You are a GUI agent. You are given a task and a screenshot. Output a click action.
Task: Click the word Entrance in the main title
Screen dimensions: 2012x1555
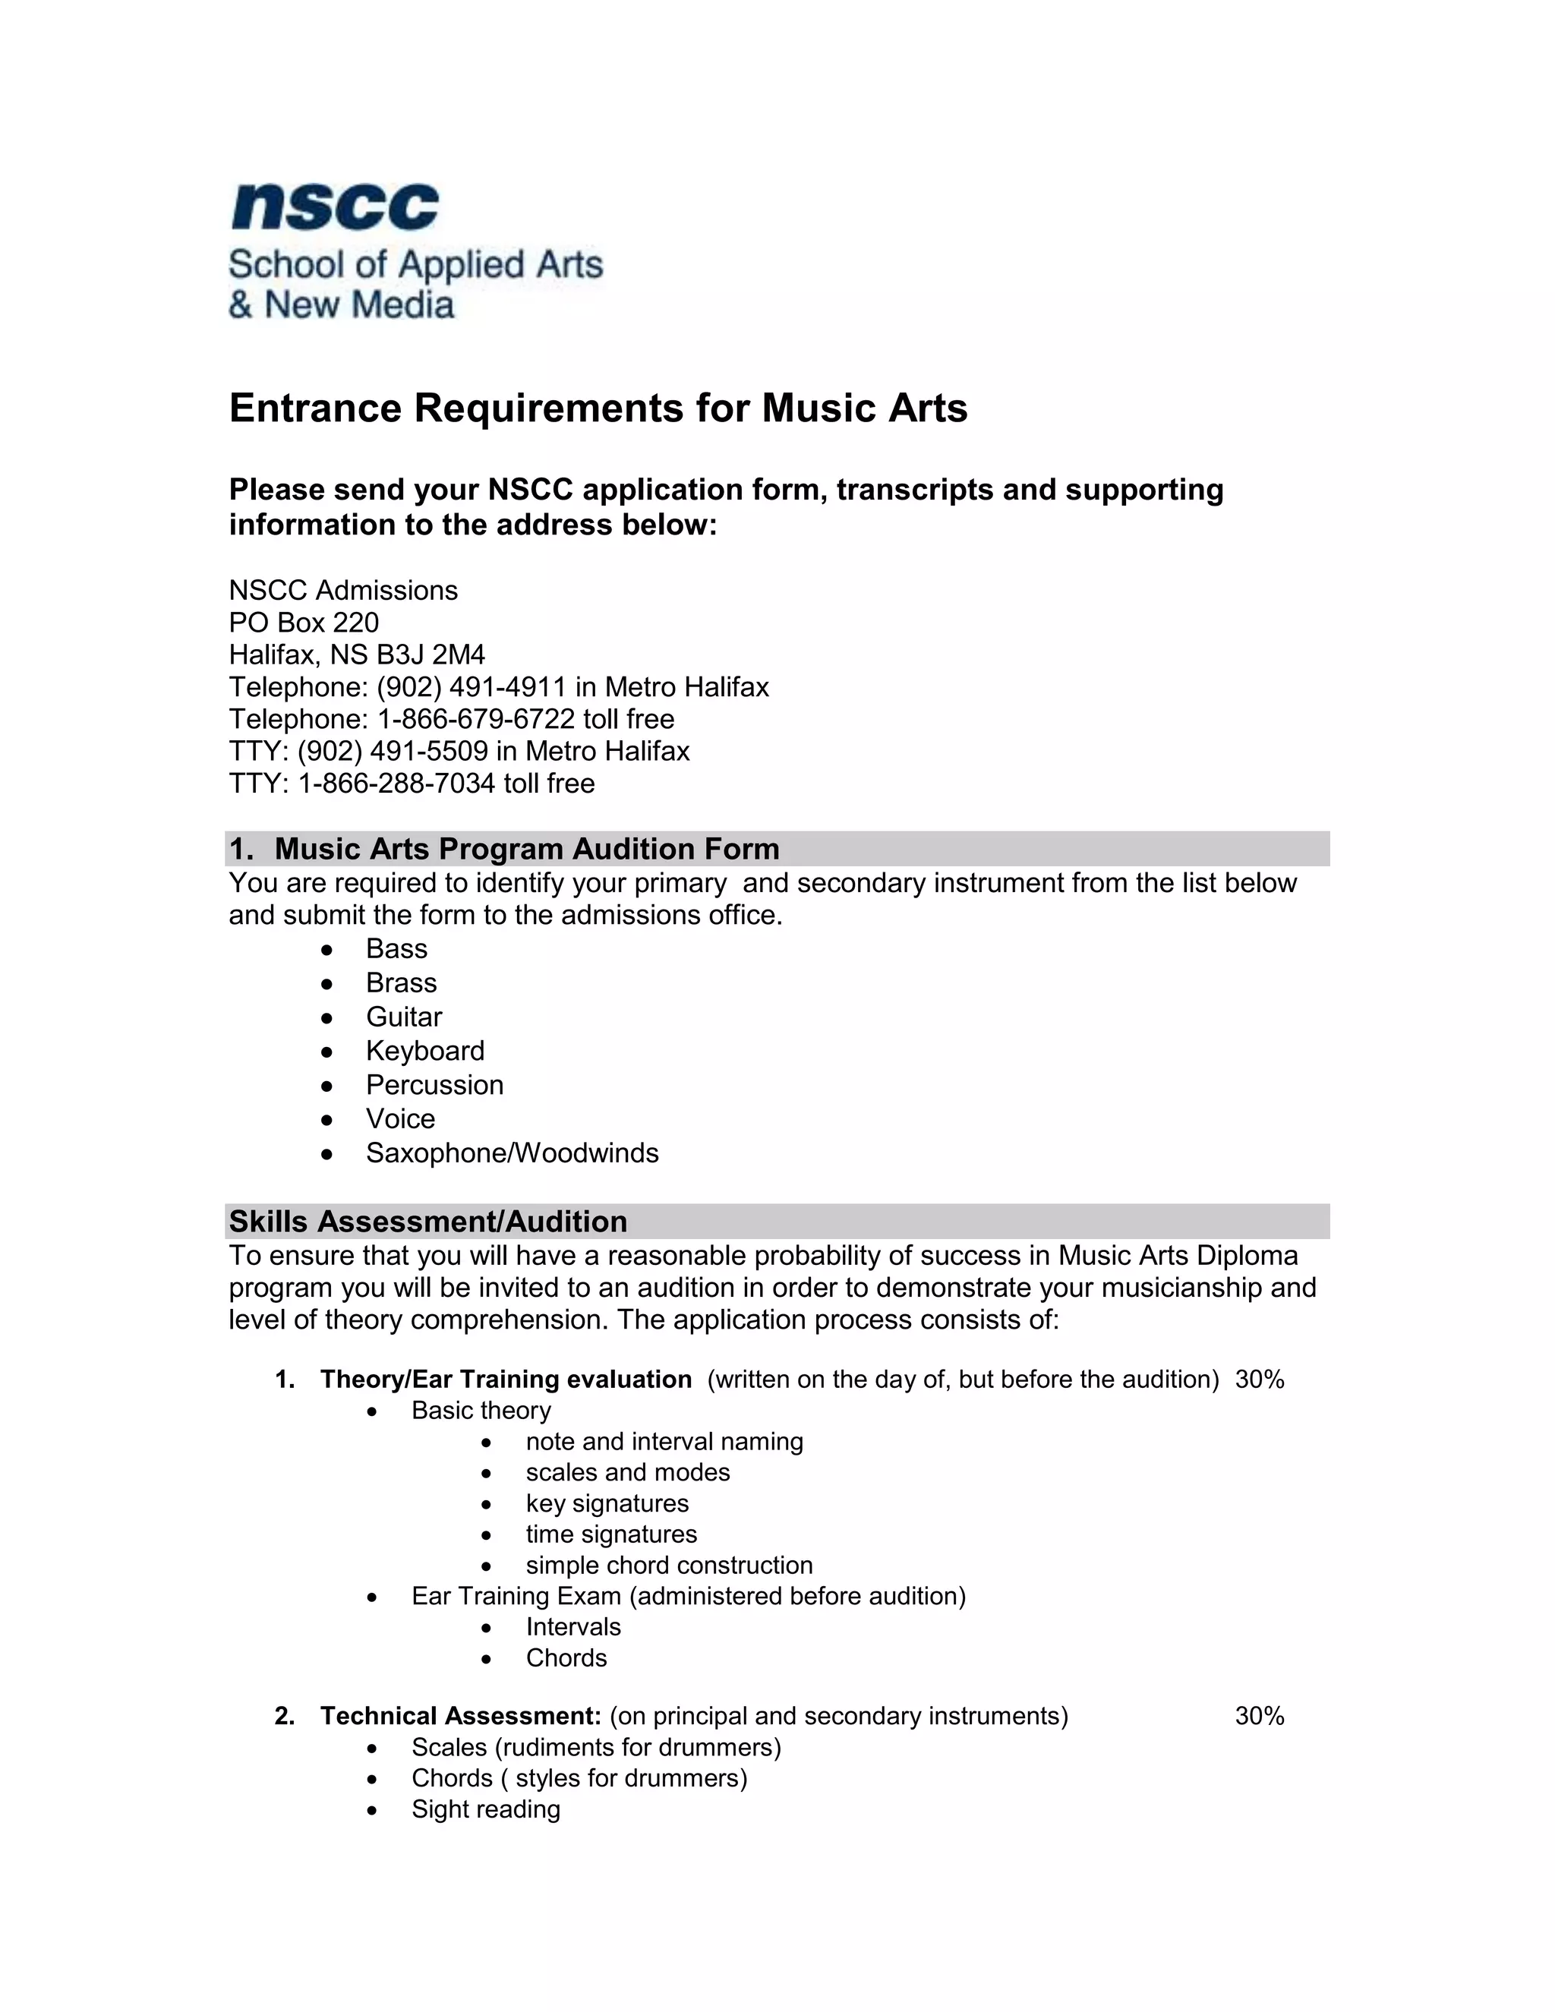pos(315,408)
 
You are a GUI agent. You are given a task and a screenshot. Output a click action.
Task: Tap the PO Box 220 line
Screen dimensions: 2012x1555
pos(304,623)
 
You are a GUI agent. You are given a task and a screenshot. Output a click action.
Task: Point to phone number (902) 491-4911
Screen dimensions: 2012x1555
pos(471,687)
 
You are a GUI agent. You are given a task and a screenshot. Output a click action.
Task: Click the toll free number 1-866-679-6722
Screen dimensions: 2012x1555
pos(476,718)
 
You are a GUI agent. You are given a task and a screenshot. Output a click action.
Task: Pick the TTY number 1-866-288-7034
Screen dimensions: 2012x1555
pos(396,783)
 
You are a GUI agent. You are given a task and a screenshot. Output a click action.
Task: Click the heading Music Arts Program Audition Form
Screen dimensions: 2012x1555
pos(526,849)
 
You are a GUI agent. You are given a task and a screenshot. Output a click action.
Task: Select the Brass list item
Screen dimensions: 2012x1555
pos(401,983)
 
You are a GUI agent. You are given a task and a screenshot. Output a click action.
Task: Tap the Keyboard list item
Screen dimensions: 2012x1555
pos(424,1051)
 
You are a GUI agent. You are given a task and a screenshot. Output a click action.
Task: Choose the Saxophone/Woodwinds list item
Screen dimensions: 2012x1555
pos(513,1153)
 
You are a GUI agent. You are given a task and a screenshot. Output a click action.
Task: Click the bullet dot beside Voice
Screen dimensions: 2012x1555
pos(327,1120)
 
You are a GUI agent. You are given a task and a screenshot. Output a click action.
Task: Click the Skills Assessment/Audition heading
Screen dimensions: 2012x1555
pos(428,1222)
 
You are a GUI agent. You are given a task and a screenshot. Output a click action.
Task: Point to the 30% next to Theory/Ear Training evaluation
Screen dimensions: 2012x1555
pos(1260,1379)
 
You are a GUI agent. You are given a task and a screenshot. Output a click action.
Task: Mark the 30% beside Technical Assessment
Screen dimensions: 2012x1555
pos(1260,1717)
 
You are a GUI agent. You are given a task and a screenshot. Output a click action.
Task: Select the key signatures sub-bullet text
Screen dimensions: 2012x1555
pos(607,1503)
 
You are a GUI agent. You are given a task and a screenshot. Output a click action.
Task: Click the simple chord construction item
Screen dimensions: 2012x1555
pos(669,1566)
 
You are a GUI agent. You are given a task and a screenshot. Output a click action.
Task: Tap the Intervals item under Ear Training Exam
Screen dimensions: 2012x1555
pos(573,1627)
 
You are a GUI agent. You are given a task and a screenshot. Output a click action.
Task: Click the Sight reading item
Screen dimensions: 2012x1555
pos(485,1809)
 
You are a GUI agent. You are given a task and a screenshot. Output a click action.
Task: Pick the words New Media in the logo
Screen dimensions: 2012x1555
pos(359,305)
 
